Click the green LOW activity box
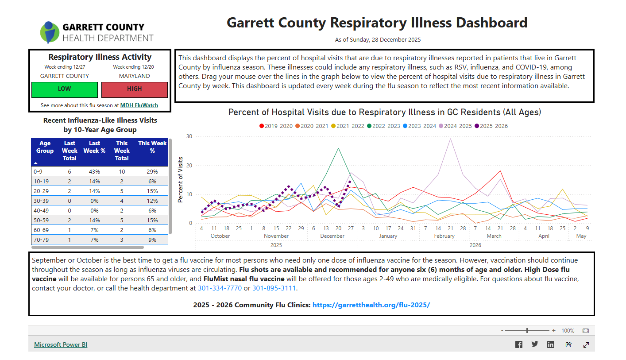click(64, 89)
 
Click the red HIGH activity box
click(134, 89)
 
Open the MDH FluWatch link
click(139, 105)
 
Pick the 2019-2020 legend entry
click(275, 126)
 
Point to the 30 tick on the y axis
click(189, 136)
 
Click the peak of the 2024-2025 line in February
click(450, 139)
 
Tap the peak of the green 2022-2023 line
click(338, 148)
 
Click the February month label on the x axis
click(444, 236)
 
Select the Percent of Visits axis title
click(180, 180)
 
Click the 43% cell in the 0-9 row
click(94, 171)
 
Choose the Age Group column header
click(45, 147)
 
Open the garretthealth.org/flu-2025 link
click(371, 305)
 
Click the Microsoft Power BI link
click(61, 345)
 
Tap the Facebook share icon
click(519, 345)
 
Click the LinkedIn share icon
click(551, 345)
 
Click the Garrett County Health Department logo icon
click(49, 32)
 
